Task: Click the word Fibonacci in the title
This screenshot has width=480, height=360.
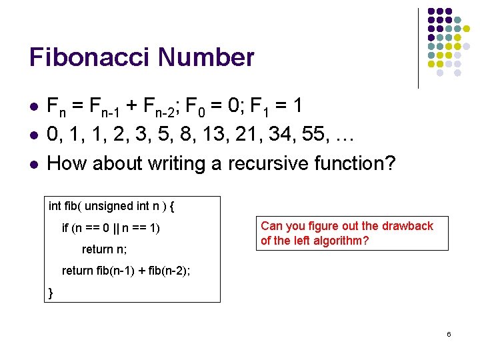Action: click(x=91, y=58)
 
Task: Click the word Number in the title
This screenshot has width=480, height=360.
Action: click(x=207, y=58)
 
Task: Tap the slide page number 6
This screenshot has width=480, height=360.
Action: click(x=449, y=333)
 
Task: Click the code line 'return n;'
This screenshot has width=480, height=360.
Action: click(x=104, y=249)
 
